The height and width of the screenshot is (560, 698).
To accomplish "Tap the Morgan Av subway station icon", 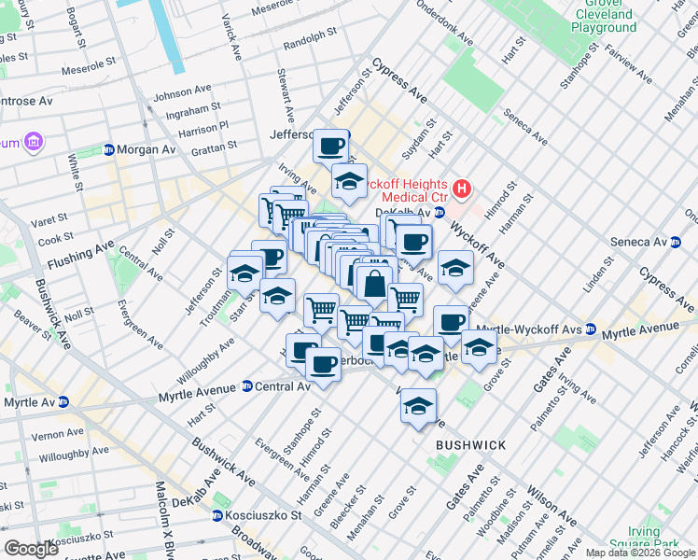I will click(109, 149).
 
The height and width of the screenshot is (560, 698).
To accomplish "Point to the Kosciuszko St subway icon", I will click(216, 515).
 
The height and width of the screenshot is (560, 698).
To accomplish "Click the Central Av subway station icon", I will click(247, 385).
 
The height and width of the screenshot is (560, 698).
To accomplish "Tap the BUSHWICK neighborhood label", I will click(471, 445).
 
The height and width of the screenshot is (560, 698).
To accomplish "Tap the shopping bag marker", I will click(373, 284).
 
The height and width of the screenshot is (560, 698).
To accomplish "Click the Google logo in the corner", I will click(32, 549).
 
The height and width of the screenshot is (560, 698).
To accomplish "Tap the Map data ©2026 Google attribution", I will click(639, 553).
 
